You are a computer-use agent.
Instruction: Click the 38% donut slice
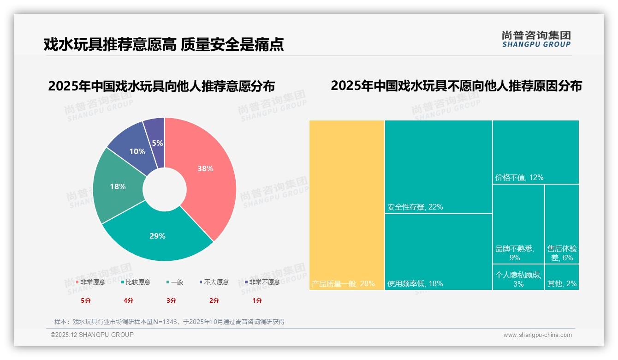(x=205, y=175)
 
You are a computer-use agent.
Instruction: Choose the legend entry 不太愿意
(x=216, y=282)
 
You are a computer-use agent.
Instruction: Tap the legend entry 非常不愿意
(x=264, y=282)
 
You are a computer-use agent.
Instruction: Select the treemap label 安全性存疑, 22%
(x=415, y=207)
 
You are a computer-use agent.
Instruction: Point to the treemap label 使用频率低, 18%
(x=415, y=283)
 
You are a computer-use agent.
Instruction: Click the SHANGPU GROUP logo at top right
(x=536, y=39)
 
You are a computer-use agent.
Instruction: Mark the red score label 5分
(x=86, y=300)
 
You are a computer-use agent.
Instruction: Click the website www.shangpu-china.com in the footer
(x=537, y=335)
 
